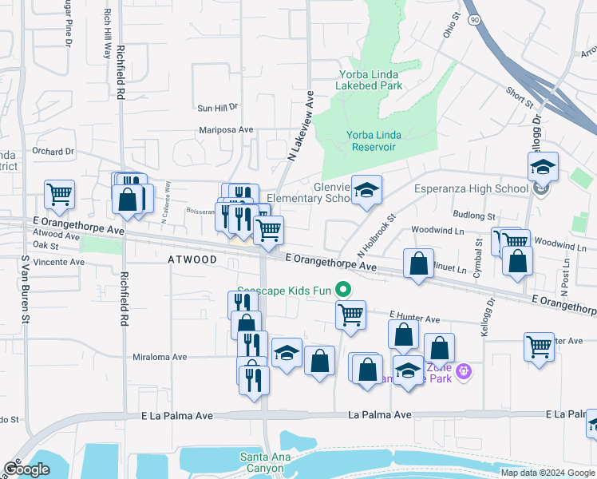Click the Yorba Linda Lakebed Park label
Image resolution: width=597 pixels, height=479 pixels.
click(x=366, y=81)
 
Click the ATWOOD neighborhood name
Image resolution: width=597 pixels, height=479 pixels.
click(x=192, y=259)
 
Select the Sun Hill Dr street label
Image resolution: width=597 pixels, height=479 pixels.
click(x=217, y=108)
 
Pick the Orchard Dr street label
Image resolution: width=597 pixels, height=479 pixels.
click(x=53, y=151)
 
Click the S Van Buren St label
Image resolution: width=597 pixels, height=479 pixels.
click(x=26, y=289)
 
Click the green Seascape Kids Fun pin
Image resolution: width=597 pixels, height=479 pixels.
click(x=344, y=290)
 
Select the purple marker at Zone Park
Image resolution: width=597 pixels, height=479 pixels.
click(x=463, y=370)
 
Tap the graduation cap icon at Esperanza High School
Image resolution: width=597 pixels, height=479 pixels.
click(x=543, y=167)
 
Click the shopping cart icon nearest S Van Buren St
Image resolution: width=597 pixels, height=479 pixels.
click(x=60, y=194)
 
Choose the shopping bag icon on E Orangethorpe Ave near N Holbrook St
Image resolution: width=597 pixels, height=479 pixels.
click(x=418, y=264)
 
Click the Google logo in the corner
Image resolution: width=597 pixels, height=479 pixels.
click(x=26, y=469)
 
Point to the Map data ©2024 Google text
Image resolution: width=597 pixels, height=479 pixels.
click(x=548, y=472)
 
